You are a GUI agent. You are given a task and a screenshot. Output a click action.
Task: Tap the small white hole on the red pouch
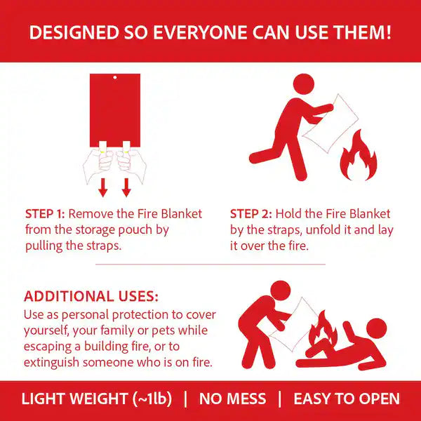click(x=115, y=78)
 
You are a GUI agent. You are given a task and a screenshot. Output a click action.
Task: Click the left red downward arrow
click(x=103, y=187)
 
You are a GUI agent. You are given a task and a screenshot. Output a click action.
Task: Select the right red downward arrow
click(x=126, y=187)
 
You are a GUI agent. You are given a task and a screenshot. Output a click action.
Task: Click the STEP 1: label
click(x=45, y=214)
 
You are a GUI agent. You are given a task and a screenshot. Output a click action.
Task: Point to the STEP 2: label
click(x=251, y=214)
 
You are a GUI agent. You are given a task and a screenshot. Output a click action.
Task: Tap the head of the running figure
click(x=304, y=84)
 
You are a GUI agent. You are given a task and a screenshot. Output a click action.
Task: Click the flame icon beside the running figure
click(x=359, y=156)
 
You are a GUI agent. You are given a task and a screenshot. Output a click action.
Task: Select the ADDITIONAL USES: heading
click(x=91, y=296)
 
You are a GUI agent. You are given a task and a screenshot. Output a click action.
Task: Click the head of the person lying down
click(x=376, y=328)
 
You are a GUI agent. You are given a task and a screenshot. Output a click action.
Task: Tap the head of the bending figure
click(x=281, y=291)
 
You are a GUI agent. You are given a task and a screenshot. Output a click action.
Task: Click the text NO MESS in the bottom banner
click(x=232, y=399)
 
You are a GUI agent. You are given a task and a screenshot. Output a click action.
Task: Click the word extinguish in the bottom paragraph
click(x=51, y=363)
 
